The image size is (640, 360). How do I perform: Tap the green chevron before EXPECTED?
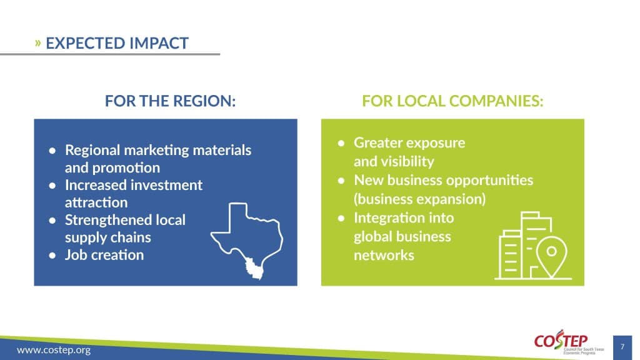[38, 42]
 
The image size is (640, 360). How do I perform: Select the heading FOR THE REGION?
[170, 101]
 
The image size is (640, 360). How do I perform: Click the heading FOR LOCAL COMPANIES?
[452, 101]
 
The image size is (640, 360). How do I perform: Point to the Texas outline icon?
[247, 241]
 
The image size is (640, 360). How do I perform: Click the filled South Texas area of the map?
[254, 268]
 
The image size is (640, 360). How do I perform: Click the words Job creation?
[104, 255]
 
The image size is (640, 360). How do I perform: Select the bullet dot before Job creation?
[52, 256]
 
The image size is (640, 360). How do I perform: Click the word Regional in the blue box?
[92, 150]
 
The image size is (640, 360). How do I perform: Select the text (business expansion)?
[419, 199]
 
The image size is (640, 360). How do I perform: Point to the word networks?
[384, 255]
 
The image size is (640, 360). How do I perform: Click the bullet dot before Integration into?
[341, 218]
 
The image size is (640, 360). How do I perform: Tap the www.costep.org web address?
[54, 350]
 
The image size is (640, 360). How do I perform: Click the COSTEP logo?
[569, 342]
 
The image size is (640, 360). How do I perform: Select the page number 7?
[622, 347]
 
